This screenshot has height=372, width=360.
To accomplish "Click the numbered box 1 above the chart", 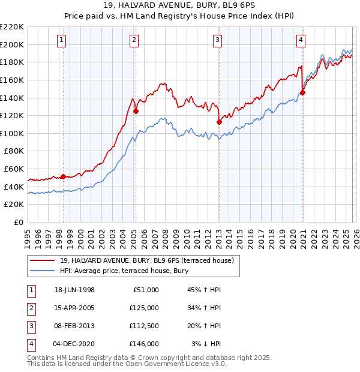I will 62,40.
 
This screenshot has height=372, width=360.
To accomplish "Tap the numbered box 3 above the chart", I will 217,40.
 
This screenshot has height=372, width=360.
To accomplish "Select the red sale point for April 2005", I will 136,111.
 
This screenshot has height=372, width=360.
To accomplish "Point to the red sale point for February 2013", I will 219,122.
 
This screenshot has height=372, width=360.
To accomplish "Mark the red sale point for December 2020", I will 302,92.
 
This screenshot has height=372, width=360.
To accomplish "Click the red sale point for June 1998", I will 63,177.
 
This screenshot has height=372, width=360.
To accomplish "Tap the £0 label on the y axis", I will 18,222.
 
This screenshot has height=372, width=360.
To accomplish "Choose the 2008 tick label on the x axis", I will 165,234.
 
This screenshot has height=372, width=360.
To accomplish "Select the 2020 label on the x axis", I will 292,234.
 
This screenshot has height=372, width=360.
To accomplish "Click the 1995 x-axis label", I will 28,234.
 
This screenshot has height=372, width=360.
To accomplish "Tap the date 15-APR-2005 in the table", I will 74,308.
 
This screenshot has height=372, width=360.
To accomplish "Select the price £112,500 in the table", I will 144,326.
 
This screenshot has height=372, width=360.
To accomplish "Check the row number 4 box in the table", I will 30,344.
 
